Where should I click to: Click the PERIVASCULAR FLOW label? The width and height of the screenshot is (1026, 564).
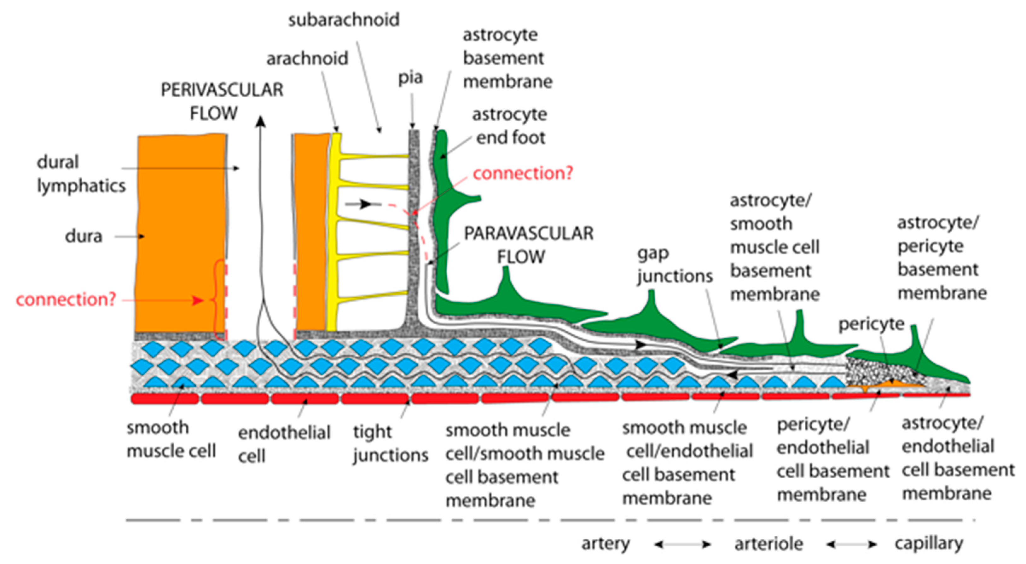point(222,101)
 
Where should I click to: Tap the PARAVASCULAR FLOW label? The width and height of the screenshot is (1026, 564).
point(528,244)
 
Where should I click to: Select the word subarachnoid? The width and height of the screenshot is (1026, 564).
point(344,20)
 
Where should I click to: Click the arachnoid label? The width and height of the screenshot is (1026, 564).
point(307,59)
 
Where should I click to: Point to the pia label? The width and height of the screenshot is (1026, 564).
point(410,77)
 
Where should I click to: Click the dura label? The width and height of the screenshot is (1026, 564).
point(84,236)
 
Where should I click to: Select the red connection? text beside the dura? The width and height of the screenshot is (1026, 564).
point(66,299)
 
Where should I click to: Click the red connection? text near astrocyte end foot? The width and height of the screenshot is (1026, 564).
point(523,174)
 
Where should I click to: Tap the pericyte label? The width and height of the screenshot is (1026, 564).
point(871,324)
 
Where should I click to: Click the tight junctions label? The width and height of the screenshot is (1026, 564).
point(390,443)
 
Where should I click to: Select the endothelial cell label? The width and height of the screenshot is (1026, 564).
point(284,444)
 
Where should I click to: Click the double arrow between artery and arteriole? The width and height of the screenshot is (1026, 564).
point(682,544)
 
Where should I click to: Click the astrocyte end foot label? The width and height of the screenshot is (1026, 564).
point(510,126)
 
